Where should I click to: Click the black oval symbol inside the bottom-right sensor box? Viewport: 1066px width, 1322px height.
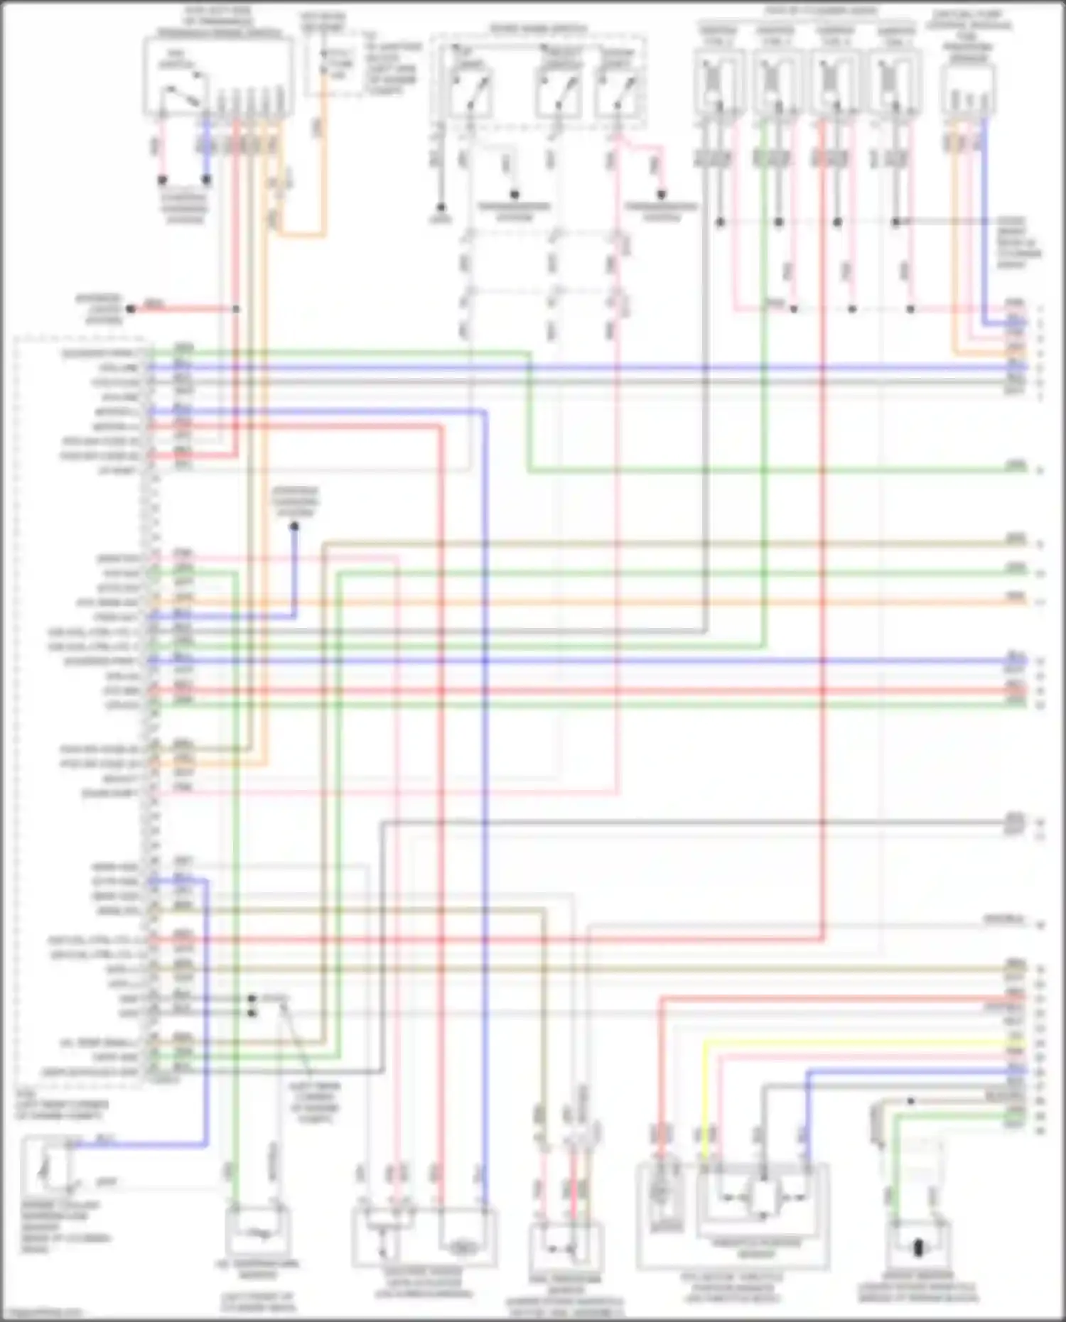coord(917,1247)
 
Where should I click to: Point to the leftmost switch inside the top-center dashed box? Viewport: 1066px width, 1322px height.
coord(470,89)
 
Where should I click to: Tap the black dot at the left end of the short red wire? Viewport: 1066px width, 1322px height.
coord(131,309)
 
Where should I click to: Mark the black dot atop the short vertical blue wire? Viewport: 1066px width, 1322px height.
coord(294,526)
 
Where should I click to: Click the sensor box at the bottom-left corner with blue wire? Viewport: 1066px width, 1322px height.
coord(47,1166)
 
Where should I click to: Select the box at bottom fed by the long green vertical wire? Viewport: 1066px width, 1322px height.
coord(257,1231)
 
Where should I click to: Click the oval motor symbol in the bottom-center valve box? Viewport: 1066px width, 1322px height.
coord(463,1247)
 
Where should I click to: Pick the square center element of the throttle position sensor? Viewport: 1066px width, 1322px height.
coord(763,1198)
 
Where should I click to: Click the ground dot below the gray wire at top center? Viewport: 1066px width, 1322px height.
coord(441,208)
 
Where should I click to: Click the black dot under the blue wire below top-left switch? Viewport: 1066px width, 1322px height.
coord(206,180)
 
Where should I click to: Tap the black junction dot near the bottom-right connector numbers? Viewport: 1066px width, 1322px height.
coord(911,1100)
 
